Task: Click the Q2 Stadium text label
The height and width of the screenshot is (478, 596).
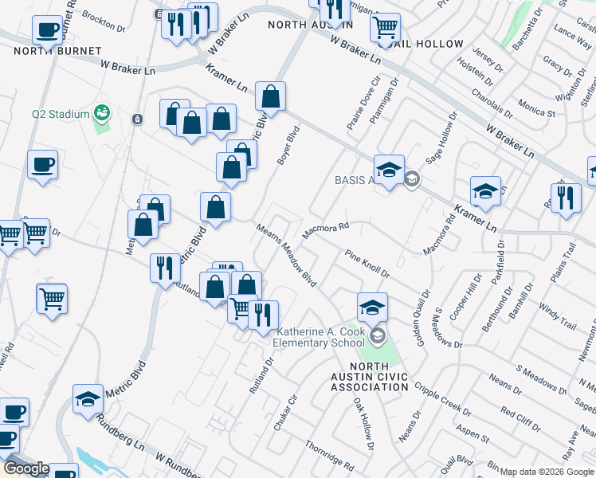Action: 61,114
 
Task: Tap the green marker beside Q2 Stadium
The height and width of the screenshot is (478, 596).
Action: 101,114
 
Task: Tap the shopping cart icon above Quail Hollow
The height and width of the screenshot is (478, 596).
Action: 386,28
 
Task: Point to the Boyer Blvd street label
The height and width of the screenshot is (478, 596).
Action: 288,146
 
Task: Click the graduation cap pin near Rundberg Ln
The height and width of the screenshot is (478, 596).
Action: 88,400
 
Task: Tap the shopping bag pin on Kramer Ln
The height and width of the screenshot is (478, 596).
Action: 271,97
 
